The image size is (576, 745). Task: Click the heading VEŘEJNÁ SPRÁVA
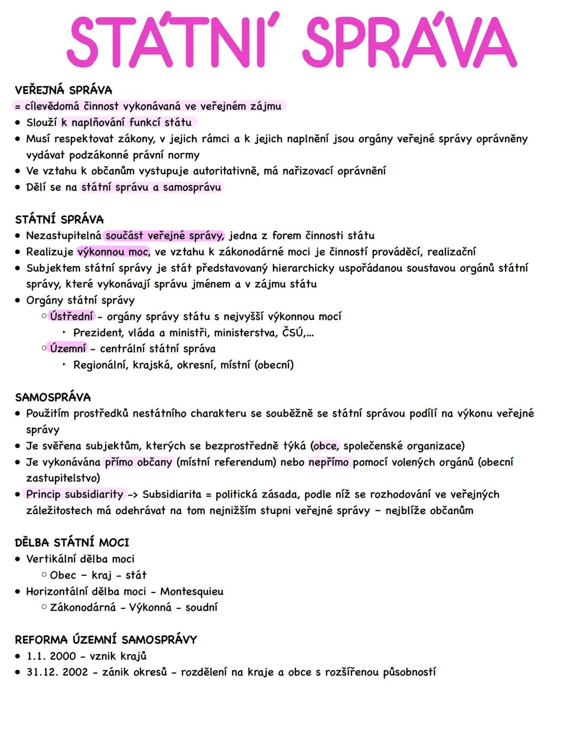tap(63, 90)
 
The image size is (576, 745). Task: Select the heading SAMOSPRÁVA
tap(53, 397)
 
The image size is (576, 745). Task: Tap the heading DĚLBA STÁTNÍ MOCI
tap(72, 542)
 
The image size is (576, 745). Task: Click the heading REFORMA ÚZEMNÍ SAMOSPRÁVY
tap(106, 639)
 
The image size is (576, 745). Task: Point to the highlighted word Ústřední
tap(71, 316)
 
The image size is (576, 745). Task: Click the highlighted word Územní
tap(68, 349)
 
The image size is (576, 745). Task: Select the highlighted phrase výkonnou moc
tap(113, 252)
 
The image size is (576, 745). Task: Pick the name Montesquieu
tap(192, 591)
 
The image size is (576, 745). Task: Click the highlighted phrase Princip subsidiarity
tap(75, 494)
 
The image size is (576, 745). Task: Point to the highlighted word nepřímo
tap(328, 462)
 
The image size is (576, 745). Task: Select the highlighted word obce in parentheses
tap(325, 446)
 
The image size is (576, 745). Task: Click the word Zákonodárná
tap(83, 607)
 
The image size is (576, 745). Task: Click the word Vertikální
tap(51, 559)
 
